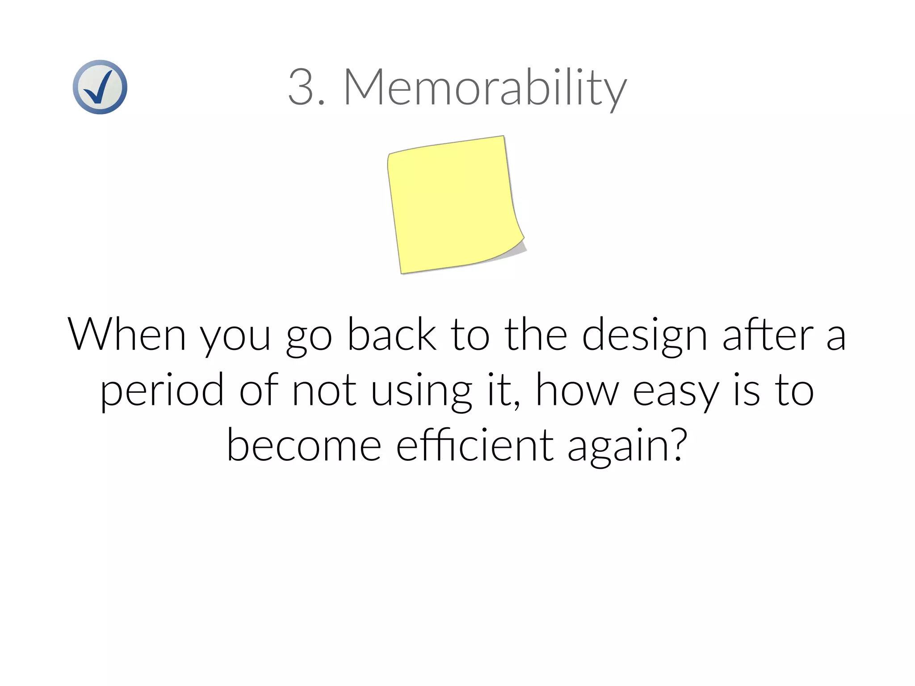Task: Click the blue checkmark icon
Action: [100, 87]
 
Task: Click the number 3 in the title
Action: [301, 87]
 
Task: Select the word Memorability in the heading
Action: [485, 88]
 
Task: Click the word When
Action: [126, 334]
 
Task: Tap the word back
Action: [391, 334]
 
